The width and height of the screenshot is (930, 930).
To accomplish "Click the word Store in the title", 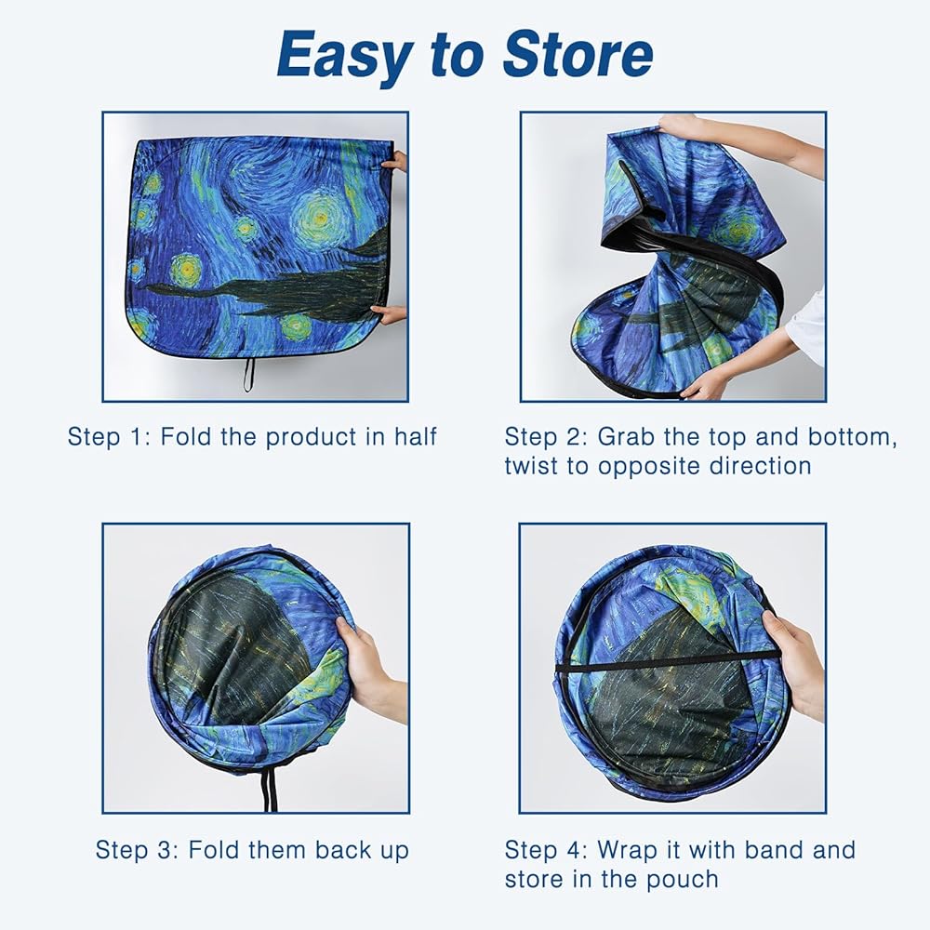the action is coord(578,55).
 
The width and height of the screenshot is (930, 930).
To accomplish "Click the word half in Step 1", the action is coord(415,436).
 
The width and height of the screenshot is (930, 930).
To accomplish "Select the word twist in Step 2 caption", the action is coord(531,466).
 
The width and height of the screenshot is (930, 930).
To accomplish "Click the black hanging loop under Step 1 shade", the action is coord(248,375).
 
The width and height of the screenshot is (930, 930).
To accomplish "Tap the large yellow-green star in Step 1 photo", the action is coord(320,219).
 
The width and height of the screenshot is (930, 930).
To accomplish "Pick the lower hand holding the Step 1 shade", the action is coord(391,314).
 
